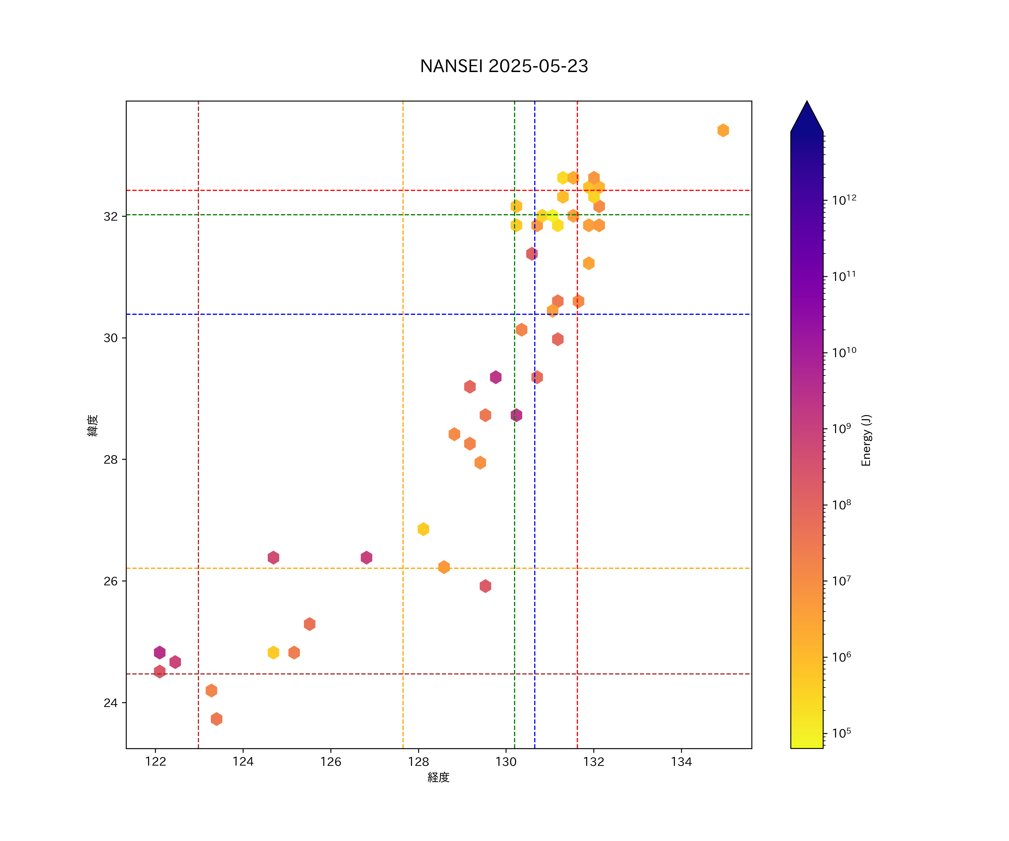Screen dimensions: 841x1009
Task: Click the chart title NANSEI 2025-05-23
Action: pos(504,66)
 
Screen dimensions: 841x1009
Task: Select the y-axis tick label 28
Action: pos(110,459)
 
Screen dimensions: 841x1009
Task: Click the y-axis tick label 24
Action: pos(110,703)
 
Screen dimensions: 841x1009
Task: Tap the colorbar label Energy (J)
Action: pos(866,440)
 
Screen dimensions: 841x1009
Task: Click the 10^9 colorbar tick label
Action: pos(841,428)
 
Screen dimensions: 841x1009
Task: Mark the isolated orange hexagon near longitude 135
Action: pos(723,130)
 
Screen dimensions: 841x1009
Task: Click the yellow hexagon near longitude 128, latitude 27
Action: pos(423,529)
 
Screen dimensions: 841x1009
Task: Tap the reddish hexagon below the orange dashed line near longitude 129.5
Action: pos(485,586)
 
